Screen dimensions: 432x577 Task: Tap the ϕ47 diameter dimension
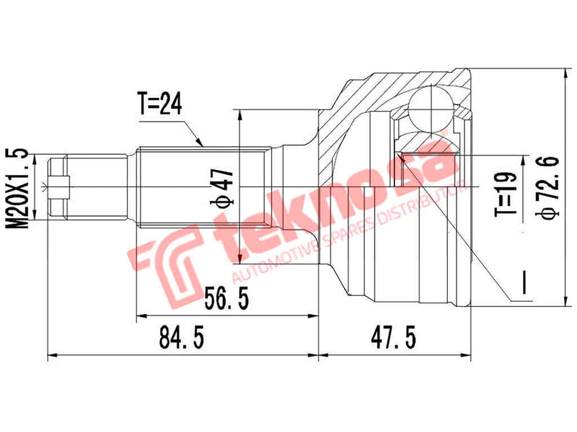click(x=224, y=188)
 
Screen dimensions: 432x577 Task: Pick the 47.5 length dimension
click(x=394, y=336)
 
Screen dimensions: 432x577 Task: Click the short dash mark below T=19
click(x=525, y=281)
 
